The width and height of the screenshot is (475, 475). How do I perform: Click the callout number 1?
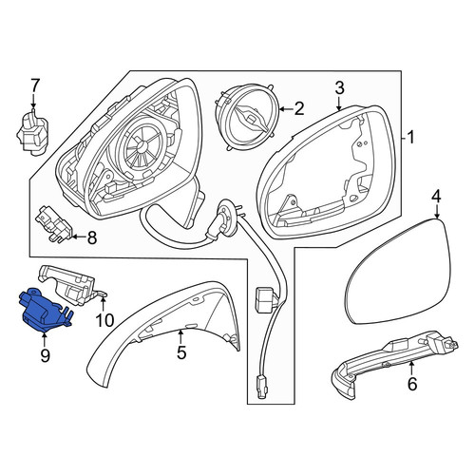(x=410, y=138)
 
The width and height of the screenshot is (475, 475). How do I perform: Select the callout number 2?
(x=298, y=109)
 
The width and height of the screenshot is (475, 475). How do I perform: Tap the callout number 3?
(x=339, y=88)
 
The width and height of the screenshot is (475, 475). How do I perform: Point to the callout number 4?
(x=436, y=197)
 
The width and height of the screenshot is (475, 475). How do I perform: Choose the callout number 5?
(x=181, y=351)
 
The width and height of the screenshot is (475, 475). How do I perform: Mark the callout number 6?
(x=412, y=384)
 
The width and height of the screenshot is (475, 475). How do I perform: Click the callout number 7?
(x=34, y=85)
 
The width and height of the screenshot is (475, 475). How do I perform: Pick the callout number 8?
(x=91, y=237)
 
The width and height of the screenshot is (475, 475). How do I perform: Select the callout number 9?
(x=45, y=355)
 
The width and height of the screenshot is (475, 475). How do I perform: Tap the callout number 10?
(x=104, y=320)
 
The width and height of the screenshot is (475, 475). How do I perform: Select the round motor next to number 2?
(x=247, y=116)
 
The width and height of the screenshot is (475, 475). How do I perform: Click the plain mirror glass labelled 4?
(x=396, y=272)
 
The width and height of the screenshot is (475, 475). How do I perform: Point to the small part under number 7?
(x=33, y=133)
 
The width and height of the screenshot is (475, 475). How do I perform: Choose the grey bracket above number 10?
(x=73, y=284)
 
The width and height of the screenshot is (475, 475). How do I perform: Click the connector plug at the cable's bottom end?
(x=262, y=386)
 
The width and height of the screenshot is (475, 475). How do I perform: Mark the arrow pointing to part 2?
(x=286, y=109)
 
